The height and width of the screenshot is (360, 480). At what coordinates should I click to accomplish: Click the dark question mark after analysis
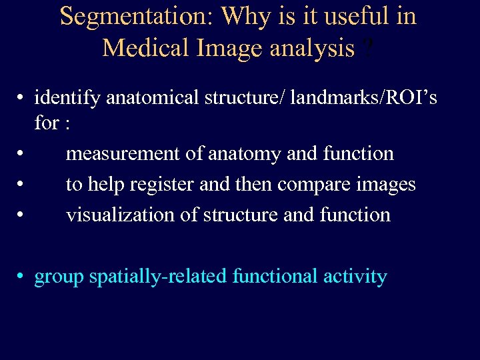(365, 47)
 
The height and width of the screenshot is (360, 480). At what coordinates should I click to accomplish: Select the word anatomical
(151, 99)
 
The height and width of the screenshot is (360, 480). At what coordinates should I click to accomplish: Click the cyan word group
(59, 277)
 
